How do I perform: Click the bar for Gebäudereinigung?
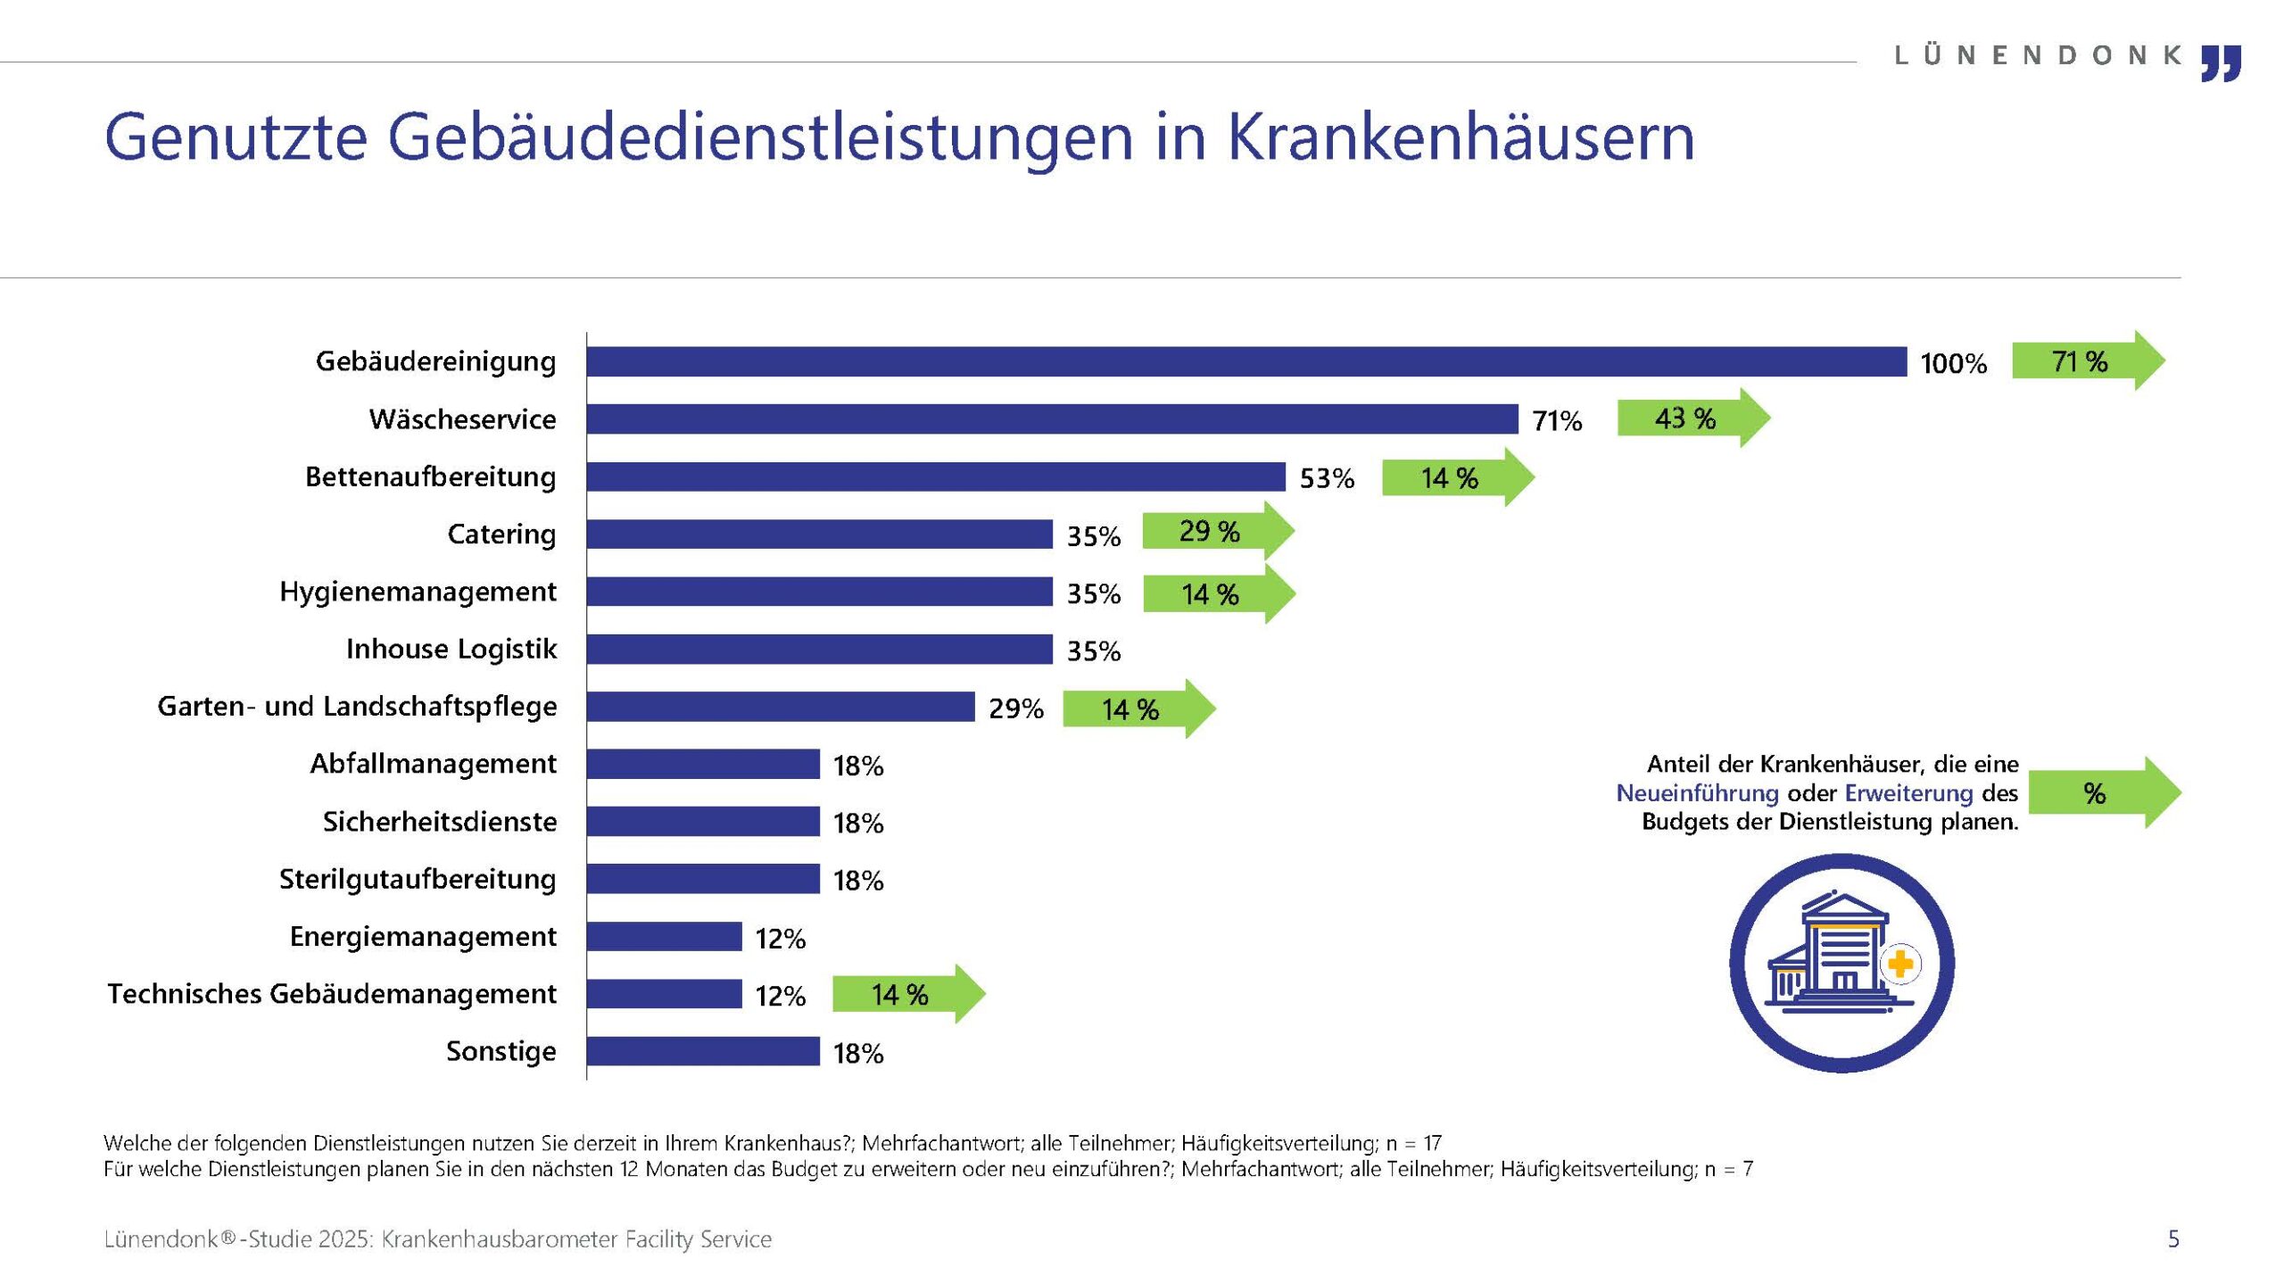1245,361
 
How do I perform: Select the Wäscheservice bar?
1052,418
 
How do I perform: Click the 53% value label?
1327,479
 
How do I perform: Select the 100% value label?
1953,364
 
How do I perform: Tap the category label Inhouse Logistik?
451,650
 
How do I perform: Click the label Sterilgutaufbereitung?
418,880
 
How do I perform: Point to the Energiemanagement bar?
664,936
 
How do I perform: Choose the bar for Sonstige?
703,1051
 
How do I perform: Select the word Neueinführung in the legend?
1697,793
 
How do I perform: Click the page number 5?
2173,1239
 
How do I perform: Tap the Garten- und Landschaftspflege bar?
781,707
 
